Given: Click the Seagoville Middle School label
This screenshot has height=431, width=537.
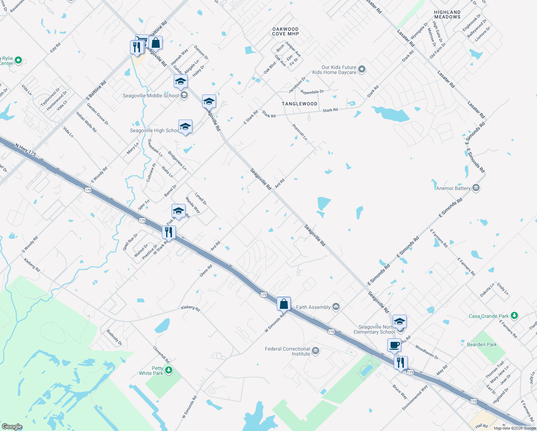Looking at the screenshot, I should coord(150,96).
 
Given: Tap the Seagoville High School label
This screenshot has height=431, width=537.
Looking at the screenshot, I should coord(154,130).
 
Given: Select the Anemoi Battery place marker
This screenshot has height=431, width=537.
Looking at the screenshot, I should coord(476,188).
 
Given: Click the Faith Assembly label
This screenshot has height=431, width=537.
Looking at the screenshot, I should coord(313,307).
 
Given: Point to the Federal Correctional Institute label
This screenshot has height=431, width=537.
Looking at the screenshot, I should coord(287,351).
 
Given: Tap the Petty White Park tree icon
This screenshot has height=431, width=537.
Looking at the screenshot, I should coord(169,370).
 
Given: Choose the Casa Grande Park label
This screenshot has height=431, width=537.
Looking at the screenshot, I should coord(489,316).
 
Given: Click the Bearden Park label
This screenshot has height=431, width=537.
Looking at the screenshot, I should coord(482,344).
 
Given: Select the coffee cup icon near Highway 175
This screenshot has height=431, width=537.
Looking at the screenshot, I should coord(394,345).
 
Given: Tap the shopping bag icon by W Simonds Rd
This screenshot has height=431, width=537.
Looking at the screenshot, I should coord(284,304).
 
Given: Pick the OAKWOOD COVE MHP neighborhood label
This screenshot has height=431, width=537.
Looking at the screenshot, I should coord(285,31).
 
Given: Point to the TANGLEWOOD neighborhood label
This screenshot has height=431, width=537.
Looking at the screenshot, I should coord(299,104).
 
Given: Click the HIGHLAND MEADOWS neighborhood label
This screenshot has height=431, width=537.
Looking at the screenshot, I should coord(447,14).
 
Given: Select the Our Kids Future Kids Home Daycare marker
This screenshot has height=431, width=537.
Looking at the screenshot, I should coord(362,69).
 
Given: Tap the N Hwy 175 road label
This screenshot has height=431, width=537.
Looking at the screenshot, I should coord(25,149).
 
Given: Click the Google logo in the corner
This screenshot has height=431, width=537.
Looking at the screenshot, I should coord(12,426).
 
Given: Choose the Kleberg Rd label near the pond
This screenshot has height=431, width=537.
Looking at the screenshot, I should coord(190,308).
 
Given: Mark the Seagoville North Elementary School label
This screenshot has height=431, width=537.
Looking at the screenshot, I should coord(374,329).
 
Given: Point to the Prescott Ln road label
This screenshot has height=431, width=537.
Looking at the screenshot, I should coord(300,132).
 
